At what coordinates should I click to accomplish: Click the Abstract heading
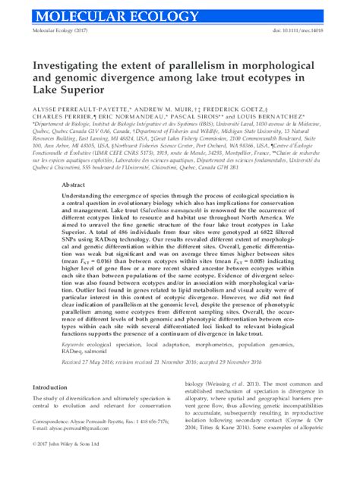point(72,184)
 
